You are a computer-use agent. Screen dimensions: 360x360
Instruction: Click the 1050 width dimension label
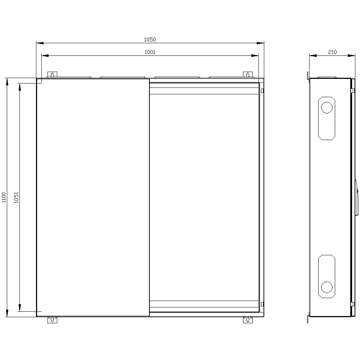click(150, 40)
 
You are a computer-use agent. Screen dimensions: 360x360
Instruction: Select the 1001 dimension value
click(150, 52)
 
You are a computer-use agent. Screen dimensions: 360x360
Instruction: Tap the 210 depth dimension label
click(332, 52)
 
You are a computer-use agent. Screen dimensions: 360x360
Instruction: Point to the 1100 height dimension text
click(4, 197)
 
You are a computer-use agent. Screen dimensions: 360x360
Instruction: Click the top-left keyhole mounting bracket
click(52, 75)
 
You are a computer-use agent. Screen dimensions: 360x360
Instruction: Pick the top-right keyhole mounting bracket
click(248, 75)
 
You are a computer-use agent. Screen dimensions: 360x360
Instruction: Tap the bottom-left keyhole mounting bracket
click(52, 320)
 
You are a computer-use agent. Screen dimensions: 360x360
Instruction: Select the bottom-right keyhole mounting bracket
click(248, 320)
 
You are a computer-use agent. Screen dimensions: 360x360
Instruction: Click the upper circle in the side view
click(327, 107)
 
